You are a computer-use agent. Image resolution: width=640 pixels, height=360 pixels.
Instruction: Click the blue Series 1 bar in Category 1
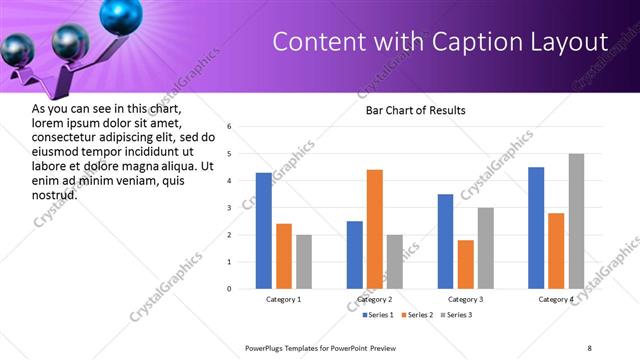(263, 231)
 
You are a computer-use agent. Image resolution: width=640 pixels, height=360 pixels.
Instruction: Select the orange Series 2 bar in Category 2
(375, 229)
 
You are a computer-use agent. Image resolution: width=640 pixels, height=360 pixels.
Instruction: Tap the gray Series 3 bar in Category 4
(576, 221)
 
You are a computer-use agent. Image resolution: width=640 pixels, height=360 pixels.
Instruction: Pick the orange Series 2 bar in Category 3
(466, 264)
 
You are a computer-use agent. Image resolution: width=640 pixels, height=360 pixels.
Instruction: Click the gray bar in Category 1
(303, 262)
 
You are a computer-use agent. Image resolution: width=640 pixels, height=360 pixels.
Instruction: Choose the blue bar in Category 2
(355, 255)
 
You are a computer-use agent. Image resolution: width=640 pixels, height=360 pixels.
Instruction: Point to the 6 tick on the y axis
(230, 127)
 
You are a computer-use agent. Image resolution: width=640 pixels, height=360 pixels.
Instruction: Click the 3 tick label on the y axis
(230, 208)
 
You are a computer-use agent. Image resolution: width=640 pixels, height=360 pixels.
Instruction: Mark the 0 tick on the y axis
(230, 289)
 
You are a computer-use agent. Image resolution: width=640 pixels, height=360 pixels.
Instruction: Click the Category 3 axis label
(466, 299)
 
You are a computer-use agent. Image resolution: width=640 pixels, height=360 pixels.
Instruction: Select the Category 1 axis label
(283, 299)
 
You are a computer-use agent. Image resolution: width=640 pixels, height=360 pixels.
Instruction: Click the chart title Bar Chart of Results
(415, 110)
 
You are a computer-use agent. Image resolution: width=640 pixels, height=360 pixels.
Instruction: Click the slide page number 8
(589, 347)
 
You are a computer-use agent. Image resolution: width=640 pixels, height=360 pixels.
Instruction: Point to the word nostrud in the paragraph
(55, 195)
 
